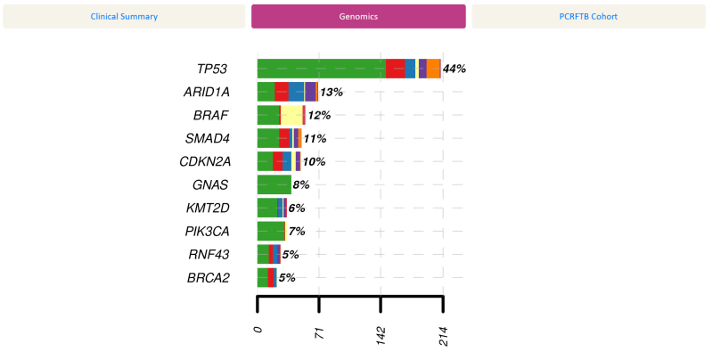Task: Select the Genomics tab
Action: (x=358, y=16)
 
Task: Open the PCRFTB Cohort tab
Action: (x=587, y=16)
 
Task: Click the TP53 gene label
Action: (x=213, y=69)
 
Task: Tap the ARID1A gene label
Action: (x=206, y=92)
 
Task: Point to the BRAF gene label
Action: (x=211, y=115)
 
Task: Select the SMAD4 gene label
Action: (x=208, y=138)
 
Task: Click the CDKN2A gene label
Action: (x=204, y=161)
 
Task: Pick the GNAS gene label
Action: (x=210, y=184)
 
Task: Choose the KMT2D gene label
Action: (x=208, y=208)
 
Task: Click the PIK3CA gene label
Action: (x=207, y=231)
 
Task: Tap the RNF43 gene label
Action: (x=209, y=254)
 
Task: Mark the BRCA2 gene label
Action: (x=209, y=277)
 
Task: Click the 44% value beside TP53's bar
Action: (x=455, y=69)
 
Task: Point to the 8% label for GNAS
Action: (x=301, y=184)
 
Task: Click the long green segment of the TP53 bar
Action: (x=321, y=69)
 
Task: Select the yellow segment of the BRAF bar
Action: (x=291, y=115)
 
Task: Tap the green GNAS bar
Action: (x=274, y=184)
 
